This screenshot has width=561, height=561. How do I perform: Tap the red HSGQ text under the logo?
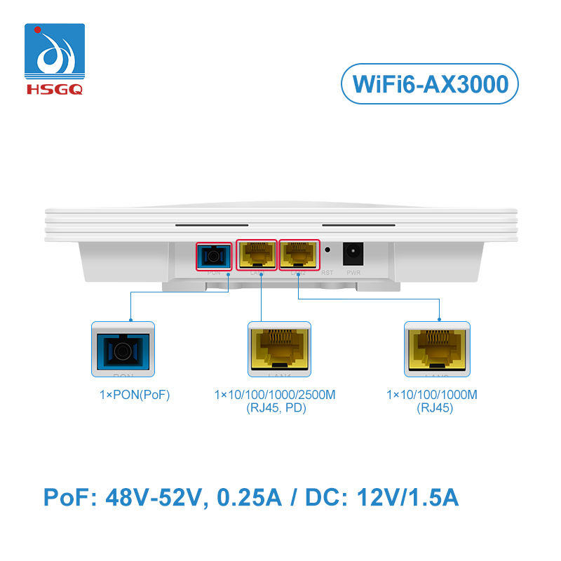click(x=55, y=89)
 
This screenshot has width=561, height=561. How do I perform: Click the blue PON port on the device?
click(x=213, y=255)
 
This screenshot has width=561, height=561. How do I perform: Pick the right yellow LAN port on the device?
click(x=299, y=255)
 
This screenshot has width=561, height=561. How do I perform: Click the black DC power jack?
click(x=352, y=253)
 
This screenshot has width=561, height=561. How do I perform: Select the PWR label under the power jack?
click(x=352, y=272)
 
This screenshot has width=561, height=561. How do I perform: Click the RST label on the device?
click(x=327, y=272)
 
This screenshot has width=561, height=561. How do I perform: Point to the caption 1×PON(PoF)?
click(x=135, y=396)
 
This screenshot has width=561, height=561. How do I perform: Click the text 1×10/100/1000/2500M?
click(x=275, y=396)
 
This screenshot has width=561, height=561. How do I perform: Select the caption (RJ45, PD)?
click(x=275, y=408)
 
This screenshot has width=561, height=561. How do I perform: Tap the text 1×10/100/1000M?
click(x=432, y=396)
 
